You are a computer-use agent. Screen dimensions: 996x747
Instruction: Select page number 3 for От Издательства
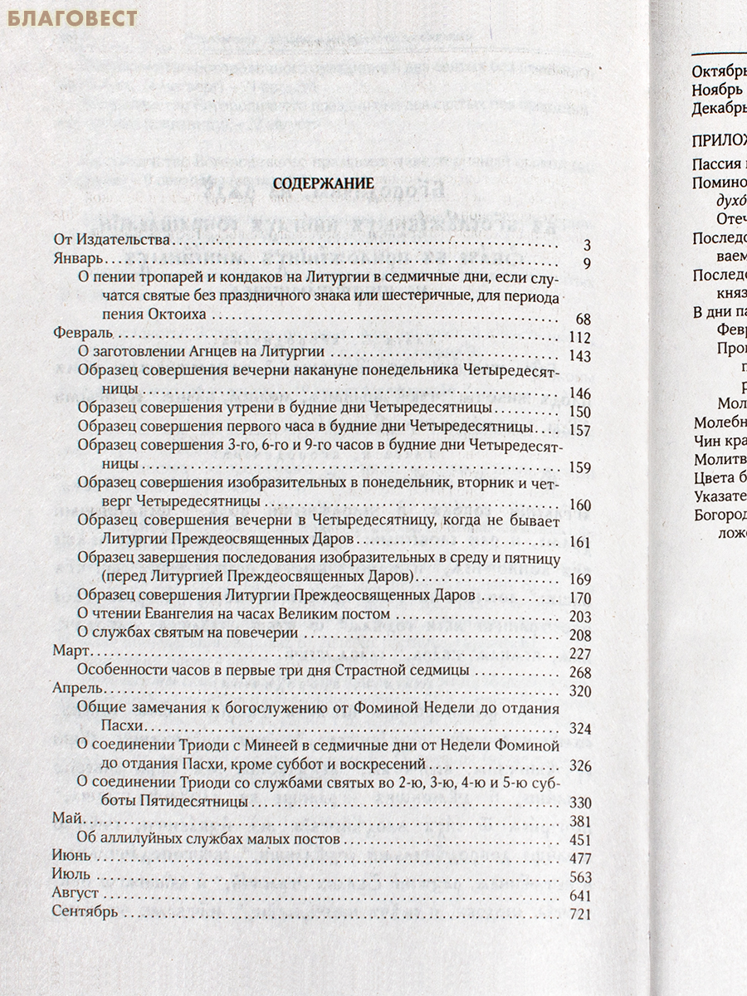click(x=586, y=244)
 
